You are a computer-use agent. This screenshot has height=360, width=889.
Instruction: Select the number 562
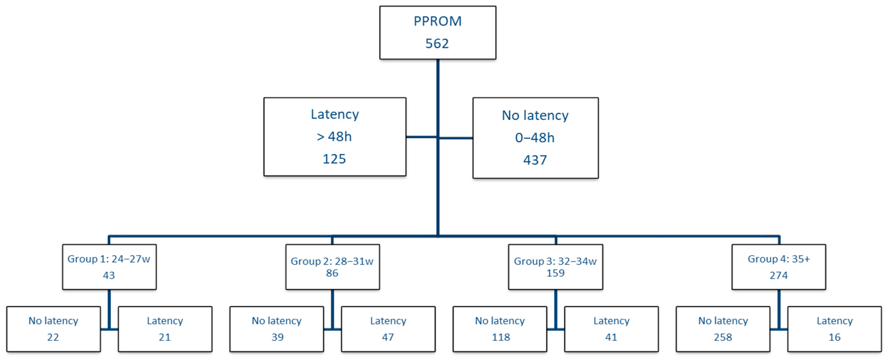[437, 43]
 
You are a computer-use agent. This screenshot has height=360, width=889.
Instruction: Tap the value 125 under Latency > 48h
[334, 159]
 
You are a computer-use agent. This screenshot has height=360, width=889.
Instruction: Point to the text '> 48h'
[334, 137]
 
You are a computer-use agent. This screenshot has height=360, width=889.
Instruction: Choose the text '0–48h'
[535, 138]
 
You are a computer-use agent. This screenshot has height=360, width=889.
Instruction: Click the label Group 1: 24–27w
[109, 259]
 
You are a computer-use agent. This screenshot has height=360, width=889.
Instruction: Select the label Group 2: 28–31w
[332, 261]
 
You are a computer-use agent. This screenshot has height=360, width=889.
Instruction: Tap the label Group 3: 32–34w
[555, 261]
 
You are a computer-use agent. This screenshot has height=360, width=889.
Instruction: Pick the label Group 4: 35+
[779, 259]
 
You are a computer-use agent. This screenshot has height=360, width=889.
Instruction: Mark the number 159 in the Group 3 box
[555, 273]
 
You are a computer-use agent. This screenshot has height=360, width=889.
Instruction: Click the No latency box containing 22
[54, 329]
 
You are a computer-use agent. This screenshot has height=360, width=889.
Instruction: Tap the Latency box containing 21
[165, 329]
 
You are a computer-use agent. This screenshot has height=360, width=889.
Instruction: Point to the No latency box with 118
[500, 329]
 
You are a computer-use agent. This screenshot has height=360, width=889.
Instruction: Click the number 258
[723, 337]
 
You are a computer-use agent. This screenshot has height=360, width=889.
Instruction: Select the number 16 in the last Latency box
[834, 337]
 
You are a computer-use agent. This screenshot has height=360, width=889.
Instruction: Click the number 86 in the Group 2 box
[332, 273]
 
